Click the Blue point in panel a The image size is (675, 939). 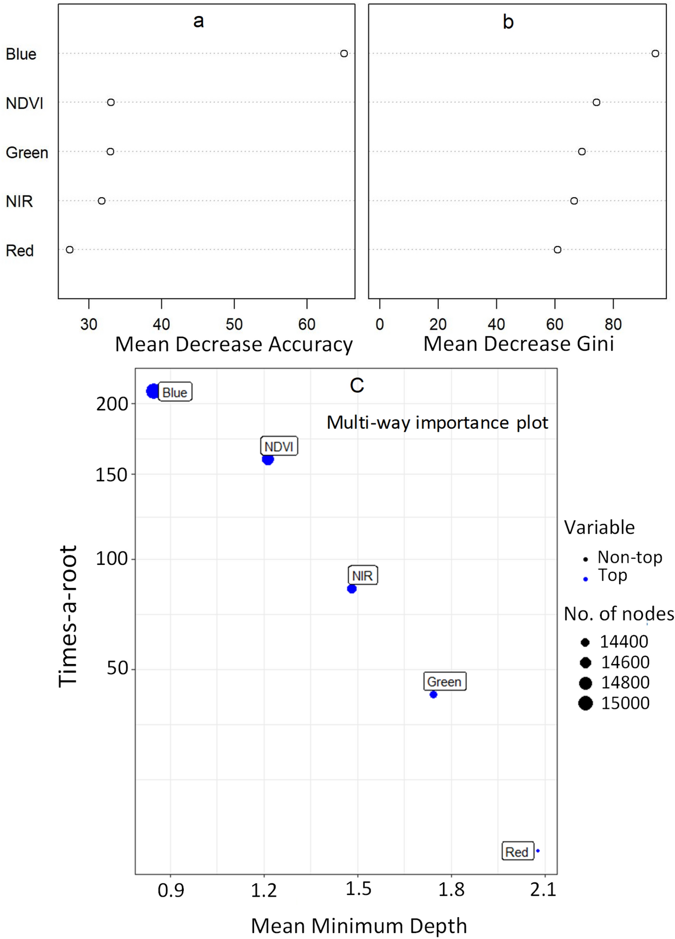[x=344, y=53]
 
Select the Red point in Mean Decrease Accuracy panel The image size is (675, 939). [x=70, y=250]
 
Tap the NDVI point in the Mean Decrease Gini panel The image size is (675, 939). [x=596, y=102]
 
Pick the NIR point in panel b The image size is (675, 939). [x=574, y=201]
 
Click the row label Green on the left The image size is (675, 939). [x=27, y=152]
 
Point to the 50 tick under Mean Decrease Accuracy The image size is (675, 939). [x=234, y=324]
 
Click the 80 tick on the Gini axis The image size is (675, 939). [x=613, y=324]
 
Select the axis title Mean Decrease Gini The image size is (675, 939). [x=518, y=344]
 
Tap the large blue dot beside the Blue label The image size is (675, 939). [x=153, y=391]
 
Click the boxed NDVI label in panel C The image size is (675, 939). [x=279, y=446]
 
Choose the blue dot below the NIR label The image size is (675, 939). [x=352, y=589]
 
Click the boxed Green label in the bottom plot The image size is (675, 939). [x=444, y=681]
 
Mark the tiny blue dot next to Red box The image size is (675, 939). [x=538, y=851]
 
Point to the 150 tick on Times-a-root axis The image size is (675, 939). [x=112, y=475]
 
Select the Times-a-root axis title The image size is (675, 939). [x=68, y=616]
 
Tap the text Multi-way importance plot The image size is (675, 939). [x=437, y=422]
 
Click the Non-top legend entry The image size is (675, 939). [x=630, y=557]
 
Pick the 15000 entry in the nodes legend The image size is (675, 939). [x=625, y=703]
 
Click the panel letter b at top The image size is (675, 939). [x=508, y=22]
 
